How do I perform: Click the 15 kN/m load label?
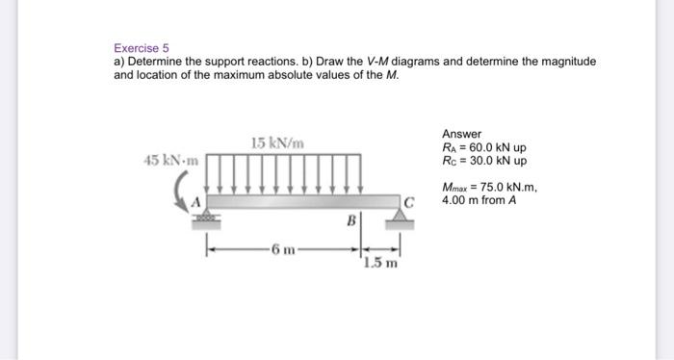(277, 143)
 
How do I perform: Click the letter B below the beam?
(350, 220)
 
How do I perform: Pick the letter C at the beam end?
(410, 202)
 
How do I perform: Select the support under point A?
(204, 220)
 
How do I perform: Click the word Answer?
(461, 134)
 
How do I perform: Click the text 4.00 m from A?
(478, 202)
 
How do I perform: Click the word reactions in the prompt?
(254, 62)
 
